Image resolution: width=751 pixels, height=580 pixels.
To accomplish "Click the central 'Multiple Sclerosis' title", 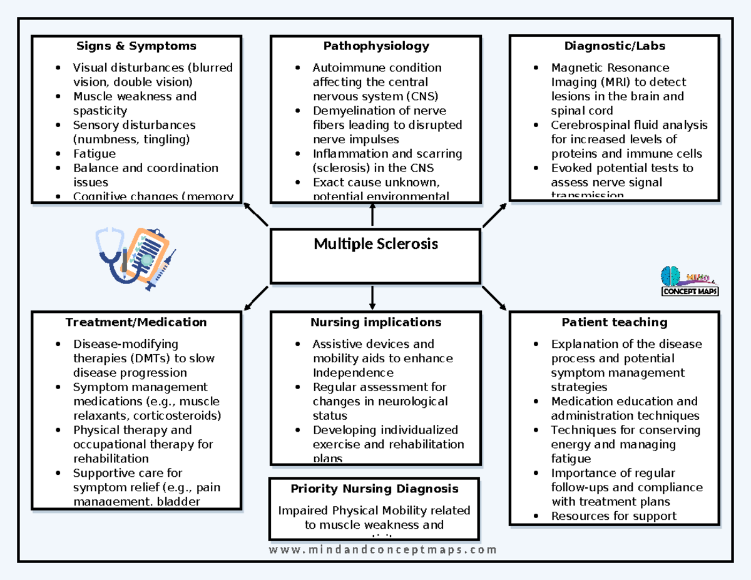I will pyautogui.click(x=375, y=243).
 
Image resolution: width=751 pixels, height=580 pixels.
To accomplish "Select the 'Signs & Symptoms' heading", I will pyautogui.click(x=136, y=46).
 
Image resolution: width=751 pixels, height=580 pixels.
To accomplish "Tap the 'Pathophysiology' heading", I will pyautogui.click(x=376, y=46).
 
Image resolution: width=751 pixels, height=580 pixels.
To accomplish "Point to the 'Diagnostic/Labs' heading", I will pyautogui.click(x=615, y=46).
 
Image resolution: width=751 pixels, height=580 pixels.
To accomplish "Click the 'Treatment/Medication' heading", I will pyautogui.click(x=136, y=322).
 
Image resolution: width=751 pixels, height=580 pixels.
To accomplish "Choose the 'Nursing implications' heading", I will pyautogui.click(x=375, y=322).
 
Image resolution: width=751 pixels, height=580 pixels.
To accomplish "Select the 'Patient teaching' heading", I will pyautogui.click(x=615, y=322).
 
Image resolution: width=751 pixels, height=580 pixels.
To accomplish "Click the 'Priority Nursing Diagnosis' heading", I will pyautogui.click(x=374, y=489).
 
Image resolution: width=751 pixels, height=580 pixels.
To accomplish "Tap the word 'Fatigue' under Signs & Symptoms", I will pyautogui.click(x=95, y=153).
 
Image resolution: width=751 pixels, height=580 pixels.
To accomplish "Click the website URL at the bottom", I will pyautogui.click(x=382, y=550).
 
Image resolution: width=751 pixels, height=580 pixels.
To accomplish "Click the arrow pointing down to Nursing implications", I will pyautogui.click(x=372, y=297).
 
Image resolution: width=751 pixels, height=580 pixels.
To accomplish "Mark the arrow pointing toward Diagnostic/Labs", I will pyautogui.click(x=494, y=215).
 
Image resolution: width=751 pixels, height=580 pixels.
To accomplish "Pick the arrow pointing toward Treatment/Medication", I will pyautogui.click(x=255, y=298).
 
